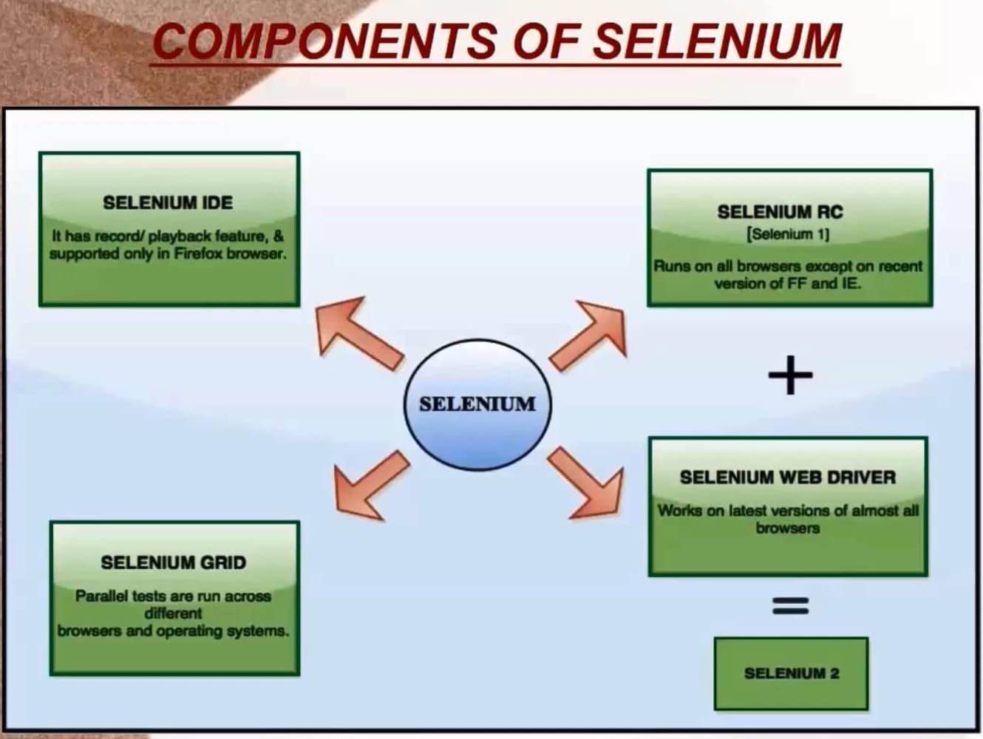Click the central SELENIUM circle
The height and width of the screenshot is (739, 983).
477,404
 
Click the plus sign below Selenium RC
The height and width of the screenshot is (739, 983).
790,375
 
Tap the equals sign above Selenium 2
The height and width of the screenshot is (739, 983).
790,606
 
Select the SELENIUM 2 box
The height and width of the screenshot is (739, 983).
791,673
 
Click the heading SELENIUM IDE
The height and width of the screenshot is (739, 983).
168,202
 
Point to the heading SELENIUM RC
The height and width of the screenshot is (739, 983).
780,212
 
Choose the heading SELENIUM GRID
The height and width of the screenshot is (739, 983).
173,562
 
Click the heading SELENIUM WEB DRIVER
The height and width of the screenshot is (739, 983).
787,477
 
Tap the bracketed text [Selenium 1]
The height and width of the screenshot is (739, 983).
788,234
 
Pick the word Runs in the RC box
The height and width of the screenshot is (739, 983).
671,266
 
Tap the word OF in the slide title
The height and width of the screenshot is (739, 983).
545,41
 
